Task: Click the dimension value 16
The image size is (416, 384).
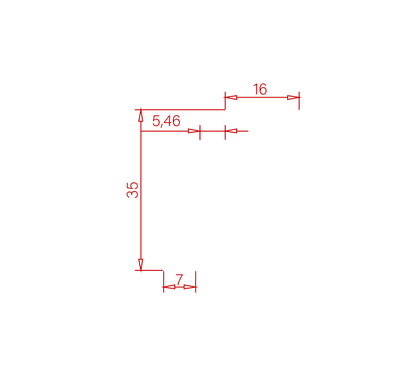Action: coord(260,89)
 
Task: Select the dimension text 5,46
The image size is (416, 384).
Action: coord(166,121)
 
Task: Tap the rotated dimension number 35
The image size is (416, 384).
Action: coord(133,190)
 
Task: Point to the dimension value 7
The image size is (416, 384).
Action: coord(180,280)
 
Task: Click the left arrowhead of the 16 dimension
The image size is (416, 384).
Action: coord(231,98)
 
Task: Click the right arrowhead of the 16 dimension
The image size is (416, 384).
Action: coord(293,98)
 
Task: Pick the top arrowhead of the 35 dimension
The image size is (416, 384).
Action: coord(141,115)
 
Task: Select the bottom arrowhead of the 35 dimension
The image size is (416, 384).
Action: coord(141,264)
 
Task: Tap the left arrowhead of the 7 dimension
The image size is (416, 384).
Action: coord(169,287)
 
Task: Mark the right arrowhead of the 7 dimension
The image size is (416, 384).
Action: coord(190,287)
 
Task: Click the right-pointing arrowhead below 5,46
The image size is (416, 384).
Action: coord(194,131)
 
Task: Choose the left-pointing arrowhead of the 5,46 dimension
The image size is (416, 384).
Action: coord(231,131)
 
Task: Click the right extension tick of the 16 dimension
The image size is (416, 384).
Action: coord(299,101)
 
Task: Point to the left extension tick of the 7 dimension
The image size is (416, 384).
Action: coord(163,282)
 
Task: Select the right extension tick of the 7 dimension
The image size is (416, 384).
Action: coord(195,282)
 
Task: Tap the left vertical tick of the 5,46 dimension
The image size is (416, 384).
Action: coord(200,132)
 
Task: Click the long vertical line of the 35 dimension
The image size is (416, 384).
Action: coord(141,190)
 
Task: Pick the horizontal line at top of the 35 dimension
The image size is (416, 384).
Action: coord(180,110)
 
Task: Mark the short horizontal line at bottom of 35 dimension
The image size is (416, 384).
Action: coord(149,270)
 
